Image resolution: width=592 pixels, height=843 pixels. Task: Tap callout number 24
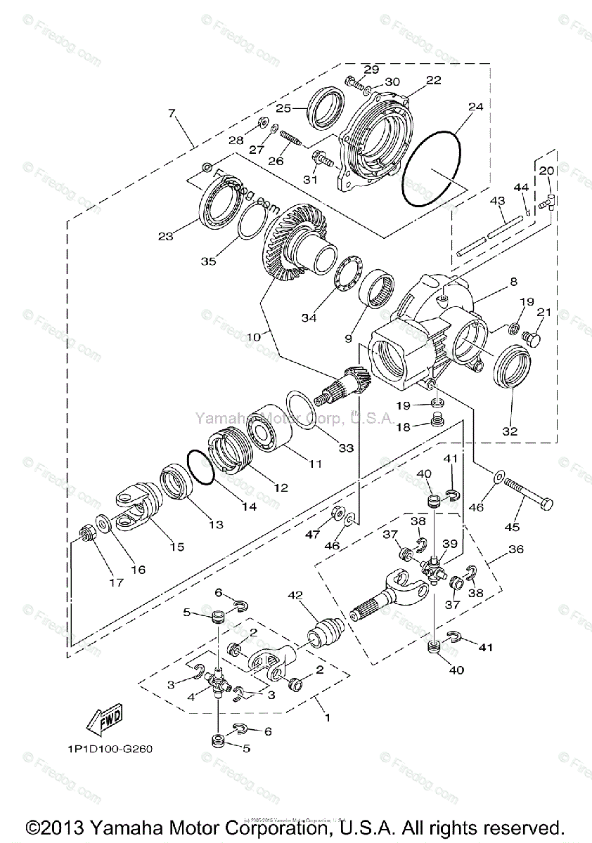pos(476,107)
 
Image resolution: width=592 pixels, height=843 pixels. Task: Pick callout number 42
pos(294,596)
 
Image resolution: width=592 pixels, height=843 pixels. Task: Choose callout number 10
pos(253,336)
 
